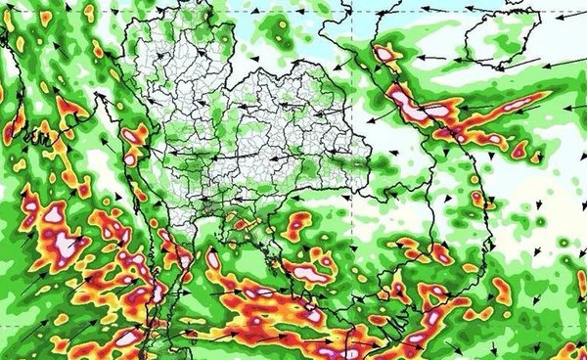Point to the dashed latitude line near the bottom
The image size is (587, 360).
tap(293, 330)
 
